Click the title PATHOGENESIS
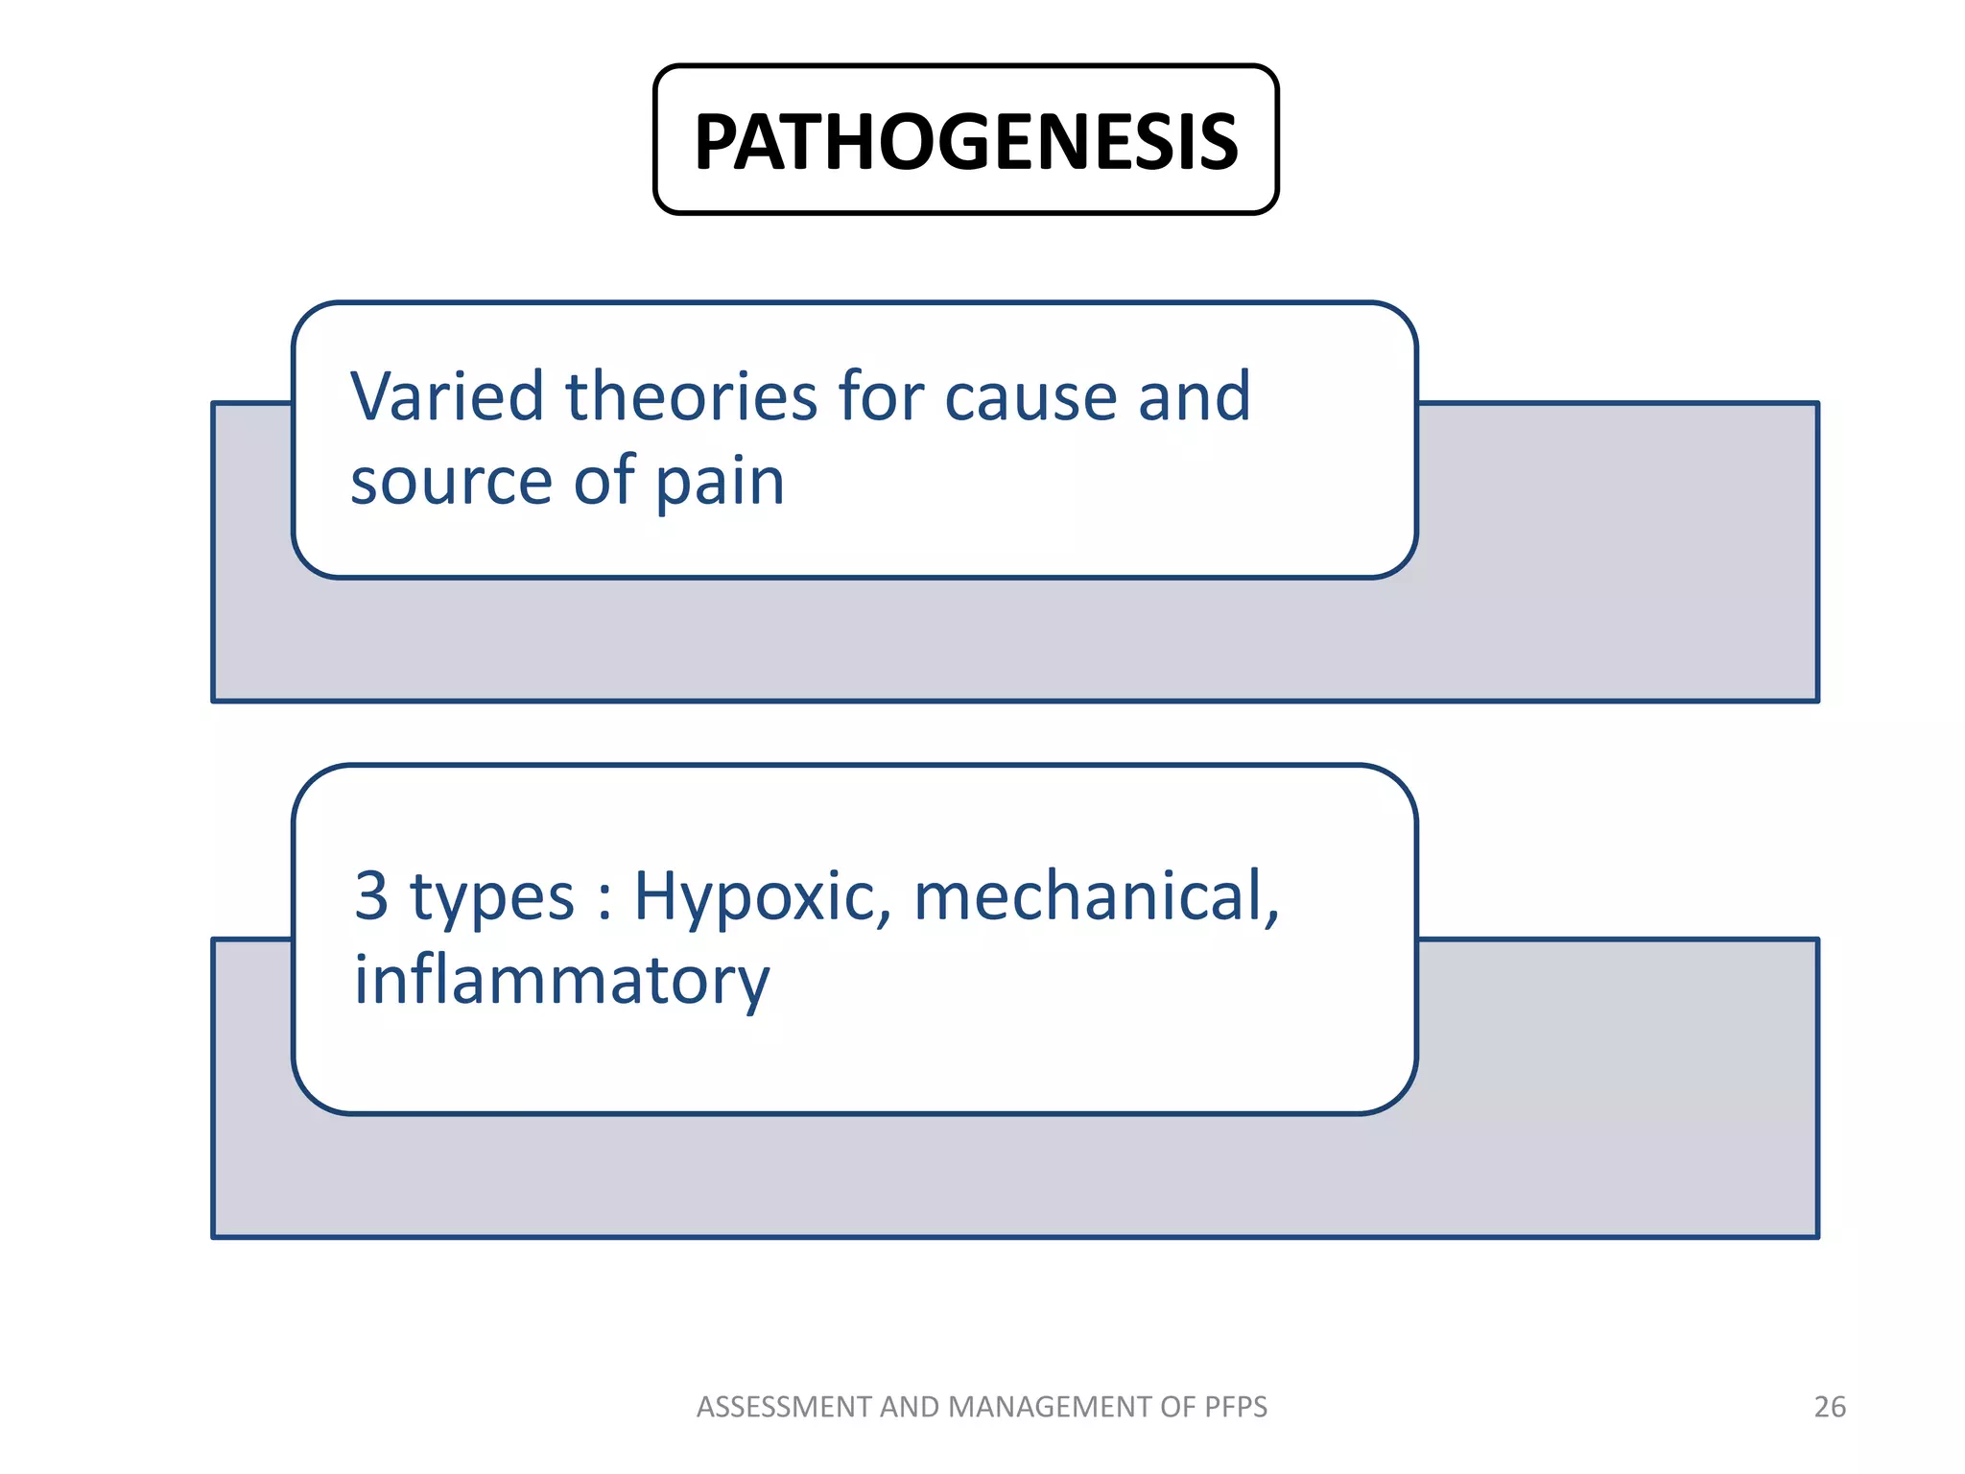tap(965, 142)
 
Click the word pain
tap(720, 482)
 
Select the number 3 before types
tap(371, 896)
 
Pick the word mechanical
tap(1096, 896)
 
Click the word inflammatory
tap(561, 981)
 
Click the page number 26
tap(1830, 1407)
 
